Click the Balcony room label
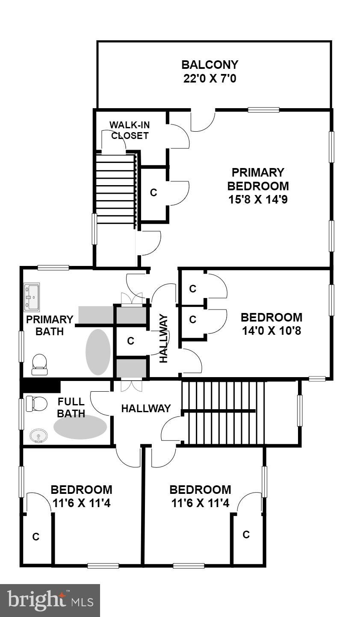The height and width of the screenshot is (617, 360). pos(210,65)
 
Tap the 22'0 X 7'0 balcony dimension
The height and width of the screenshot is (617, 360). pos(210,79)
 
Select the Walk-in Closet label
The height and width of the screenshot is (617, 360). pos(130,130)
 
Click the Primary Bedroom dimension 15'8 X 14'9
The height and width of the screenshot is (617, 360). pos(258,200)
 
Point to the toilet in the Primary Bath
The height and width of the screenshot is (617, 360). pos(39,364)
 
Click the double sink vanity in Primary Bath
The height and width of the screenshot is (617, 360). pos(32,296)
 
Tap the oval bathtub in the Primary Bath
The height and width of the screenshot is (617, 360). pos(98,352)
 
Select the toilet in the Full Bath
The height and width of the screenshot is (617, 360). pos(36,403)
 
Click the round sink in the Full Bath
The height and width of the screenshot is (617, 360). pos(38,437)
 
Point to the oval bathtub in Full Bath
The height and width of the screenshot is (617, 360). pos(80,427)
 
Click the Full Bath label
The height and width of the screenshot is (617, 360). pos(71,408)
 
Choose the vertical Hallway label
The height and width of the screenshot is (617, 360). pos(163,338)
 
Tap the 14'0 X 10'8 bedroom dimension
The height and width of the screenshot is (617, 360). pos(271,331)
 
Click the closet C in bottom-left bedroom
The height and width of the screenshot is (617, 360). pos(36,537)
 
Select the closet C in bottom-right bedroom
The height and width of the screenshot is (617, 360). pos(246,534)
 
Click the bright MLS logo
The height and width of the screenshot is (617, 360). pos(50,600)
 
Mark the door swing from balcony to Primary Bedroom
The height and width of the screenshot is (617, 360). pos(203,121)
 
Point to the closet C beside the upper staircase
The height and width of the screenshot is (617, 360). pos(153,193)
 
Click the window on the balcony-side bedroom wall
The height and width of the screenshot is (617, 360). pos(263,110)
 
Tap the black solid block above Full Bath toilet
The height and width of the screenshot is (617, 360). pos(41,386)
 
